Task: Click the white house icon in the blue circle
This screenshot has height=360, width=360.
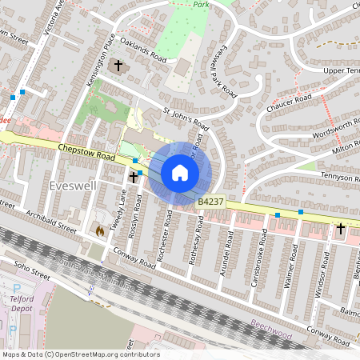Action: tap(180, 172)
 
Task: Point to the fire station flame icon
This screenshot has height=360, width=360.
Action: tap(99, 230)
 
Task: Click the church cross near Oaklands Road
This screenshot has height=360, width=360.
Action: tap(119, 66)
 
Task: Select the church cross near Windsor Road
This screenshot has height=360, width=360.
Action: tap(340, 229)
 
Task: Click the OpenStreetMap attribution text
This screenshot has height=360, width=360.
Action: tap(80, 354)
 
